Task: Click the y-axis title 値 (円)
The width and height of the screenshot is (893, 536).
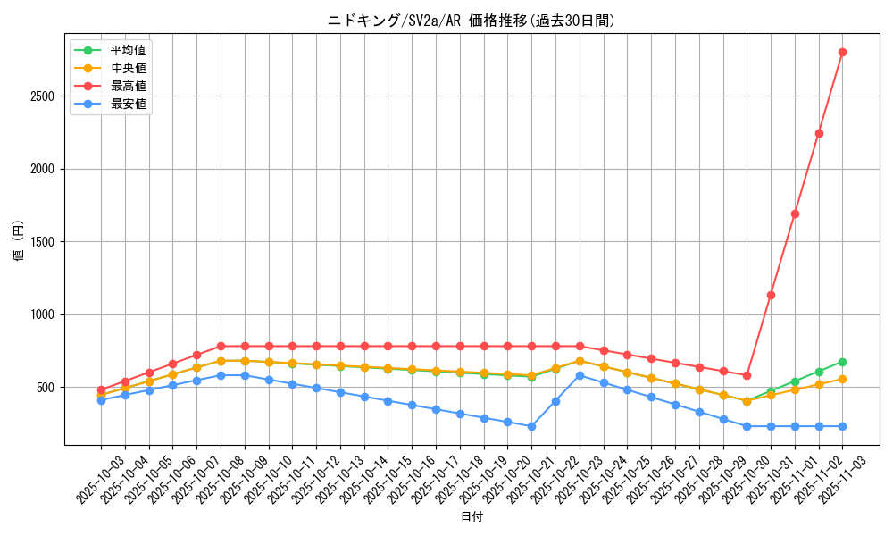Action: pos(19,242)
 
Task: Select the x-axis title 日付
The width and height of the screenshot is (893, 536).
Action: pos(472,517)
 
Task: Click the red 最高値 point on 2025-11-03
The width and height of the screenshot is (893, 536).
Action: pos(842,52)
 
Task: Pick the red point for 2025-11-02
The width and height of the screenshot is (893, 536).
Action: pos(819,133)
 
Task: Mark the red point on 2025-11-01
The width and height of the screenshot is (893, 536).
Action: pos(795,214)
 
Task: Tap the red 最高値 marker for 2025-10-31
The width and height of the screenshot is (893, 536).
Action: pos(771,295)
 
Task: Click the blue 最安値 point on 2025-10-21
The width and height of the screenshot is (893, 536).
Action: pos(531,426)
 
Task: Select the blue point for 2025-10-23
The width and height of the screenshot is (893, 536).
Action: pos(580,375)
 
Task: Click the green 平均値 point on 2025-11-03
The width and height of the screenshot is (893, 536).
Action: pos(842,362)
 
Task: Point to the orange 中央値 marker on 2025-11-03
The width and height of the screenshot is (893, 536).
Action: pos(842,379)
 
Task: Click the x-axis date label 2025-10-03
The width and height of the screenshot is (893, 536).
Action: pos(88,478)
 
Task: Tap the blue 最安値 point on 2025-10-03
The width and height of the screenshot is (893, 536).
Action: pos(101,400)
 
